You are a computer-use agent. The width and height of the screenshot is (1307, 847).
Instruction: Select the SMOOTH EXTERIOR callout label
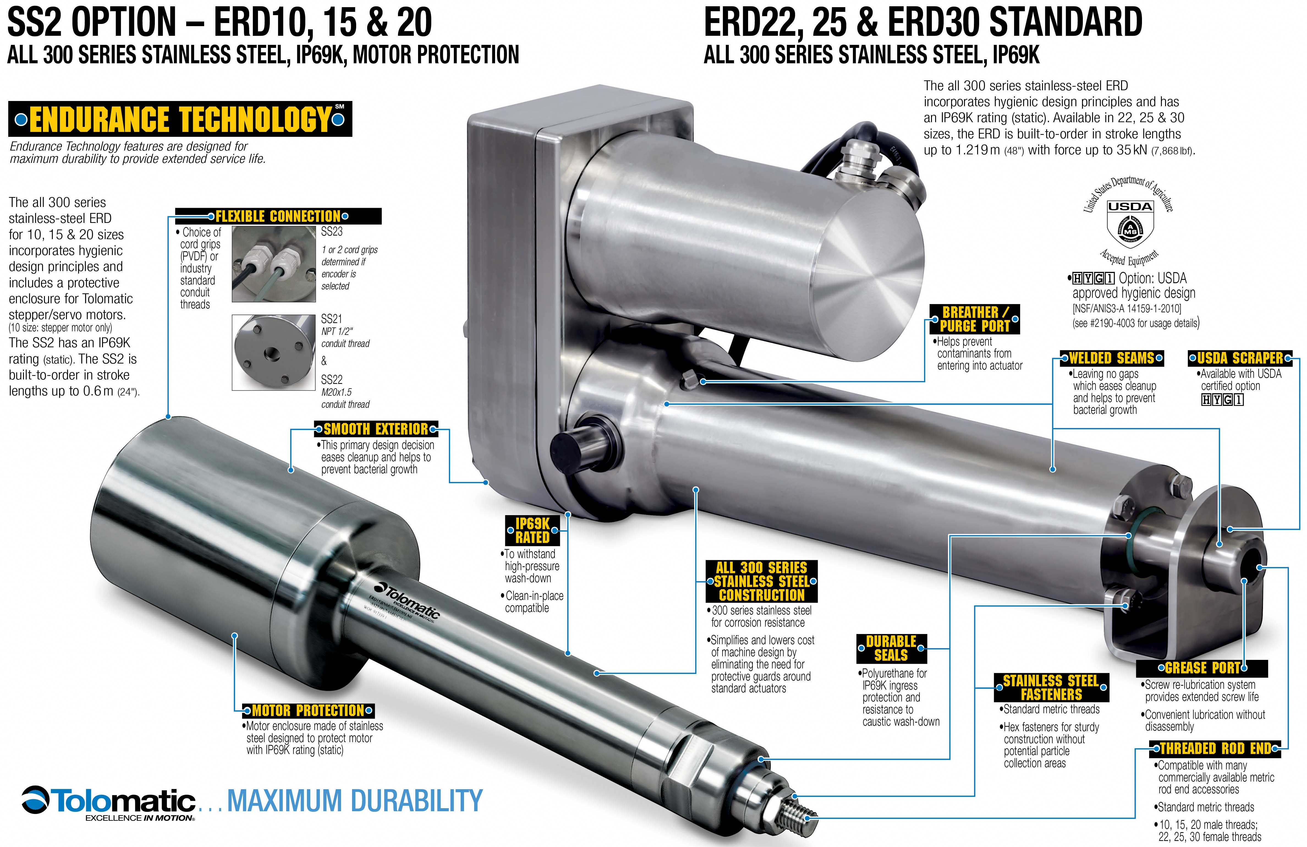pyautogui.click(x=376, y=428)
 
